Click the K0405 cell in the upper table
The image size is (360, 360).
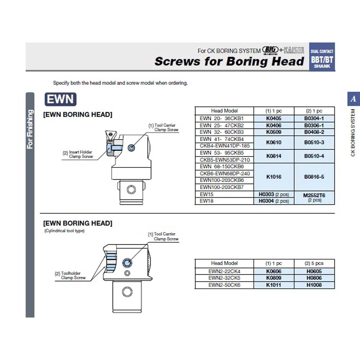tap(274, 118)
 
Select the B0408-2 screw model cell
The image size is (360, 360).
tap(314, 132)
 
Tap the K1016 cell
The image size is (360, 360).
tap(274, 177)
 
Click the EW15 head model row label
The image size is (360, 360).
tap(207, 194)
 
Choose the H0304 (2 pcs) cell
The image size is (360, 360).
tap(274, 201)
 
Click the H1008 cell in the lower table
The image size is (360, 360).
tap(314, 285)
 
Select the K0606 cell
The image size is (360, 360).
tap(274, 271)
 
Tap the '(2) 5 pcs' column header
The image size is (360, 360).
tap(314, 263)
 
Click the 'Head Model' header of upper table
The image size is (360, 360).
tap(224, 111)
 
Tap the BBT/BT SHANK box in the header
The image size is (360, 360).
tap(322, 59)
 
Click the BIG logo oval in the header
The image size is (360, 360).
tap(270, 50)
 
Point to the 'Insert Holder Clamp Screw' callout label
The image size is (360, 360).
tap(78, 154)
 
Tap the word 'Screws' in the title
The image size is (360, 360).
tap(178, 62)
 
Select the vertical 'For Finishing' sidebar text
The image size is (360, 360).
tap(30, 129)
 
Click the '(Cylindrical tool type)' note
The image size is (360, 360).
tap(64, 231)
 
